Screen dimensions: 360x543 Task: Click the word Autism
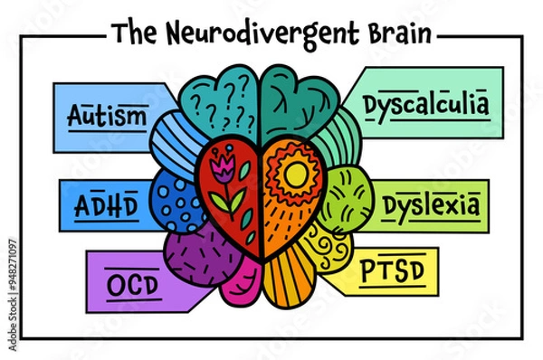(107, 116)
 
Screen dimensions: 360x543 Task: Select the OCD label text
(131, 285)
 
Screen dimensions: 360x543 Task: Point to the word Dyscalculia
(426, 105)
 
